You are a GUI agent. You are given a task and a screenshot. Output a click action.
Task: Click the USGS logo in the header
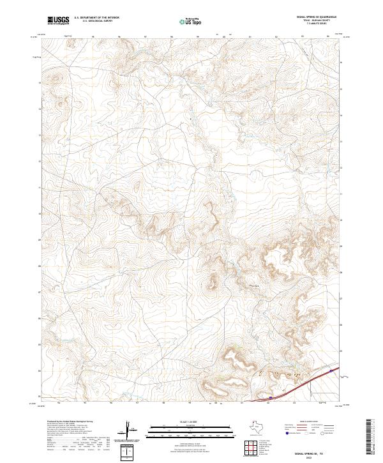[x=58, y=20]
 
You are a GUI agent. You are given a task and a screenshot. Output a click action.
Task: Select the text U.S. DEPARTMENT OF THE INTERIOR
[x=96, y=18]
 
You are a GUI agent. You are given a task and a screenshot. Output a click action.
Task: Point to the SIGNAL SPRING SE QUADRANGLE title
[x=317, y=17]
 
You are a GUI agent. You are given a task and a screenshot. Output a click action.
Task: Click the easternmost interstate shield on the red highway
[x=331, y=370]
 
